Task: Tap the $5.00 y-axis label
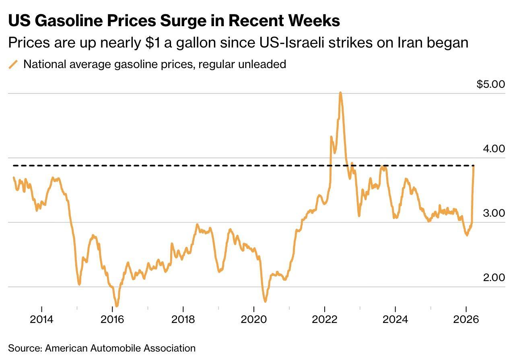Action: coord(490,84)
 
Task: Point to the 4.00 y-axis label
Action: coord(493,149)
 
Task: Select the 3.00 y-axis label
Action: coord(493,213)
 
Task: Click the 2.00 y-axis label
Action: coord(493,277)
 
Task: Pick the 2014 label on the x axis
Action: coord(41,319)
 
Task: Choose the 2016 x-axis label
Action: coord(112,319)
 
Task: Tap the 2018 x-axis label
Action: coord(183,319)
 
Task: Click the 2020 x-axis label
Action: coord(254,319)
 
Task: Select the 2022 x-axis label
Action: coord(325,319)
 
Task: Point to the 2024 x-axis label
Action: coord(396,319)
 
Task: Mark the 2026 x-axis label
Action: coord(466,319)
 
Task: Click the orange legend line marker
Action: coord(14,64)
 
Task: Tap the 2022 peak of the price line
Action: coord(340,93)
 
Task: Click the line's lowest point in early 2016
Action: coord(117,306)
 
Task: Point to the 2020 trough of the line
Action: coord(265,301)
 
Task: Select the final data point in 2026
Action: coord(474,166)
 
